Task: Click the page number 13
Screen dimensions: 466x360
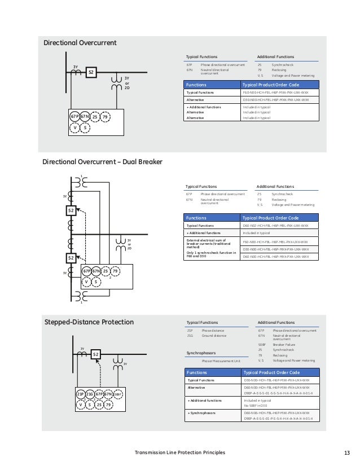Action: point(346,453)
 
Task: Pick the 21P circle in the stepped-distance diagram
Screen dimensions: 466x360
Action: point(81,394)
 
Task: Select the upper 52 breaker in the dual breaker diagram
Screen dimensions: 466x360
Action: point(71,211)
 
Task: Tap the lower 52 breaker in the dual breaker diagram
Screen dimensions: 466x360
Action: point(71,258)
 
